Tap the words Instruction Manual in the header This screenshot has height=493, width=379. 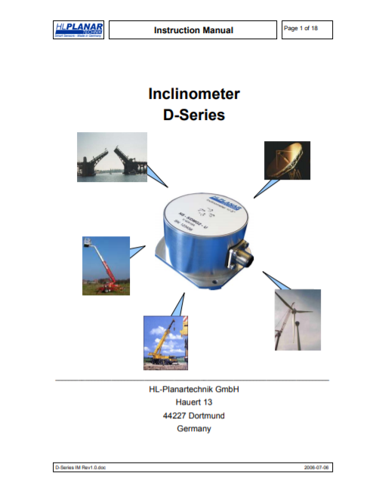click(193, 30)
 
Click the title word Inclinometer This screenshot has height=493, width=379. click(193, 95)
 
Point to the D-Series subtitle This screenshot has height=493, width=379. click(193, 116)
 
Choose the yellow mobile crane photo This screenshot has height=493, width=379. click(165, 343)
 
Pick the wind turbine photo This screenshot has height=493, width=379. click(297, 319)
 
